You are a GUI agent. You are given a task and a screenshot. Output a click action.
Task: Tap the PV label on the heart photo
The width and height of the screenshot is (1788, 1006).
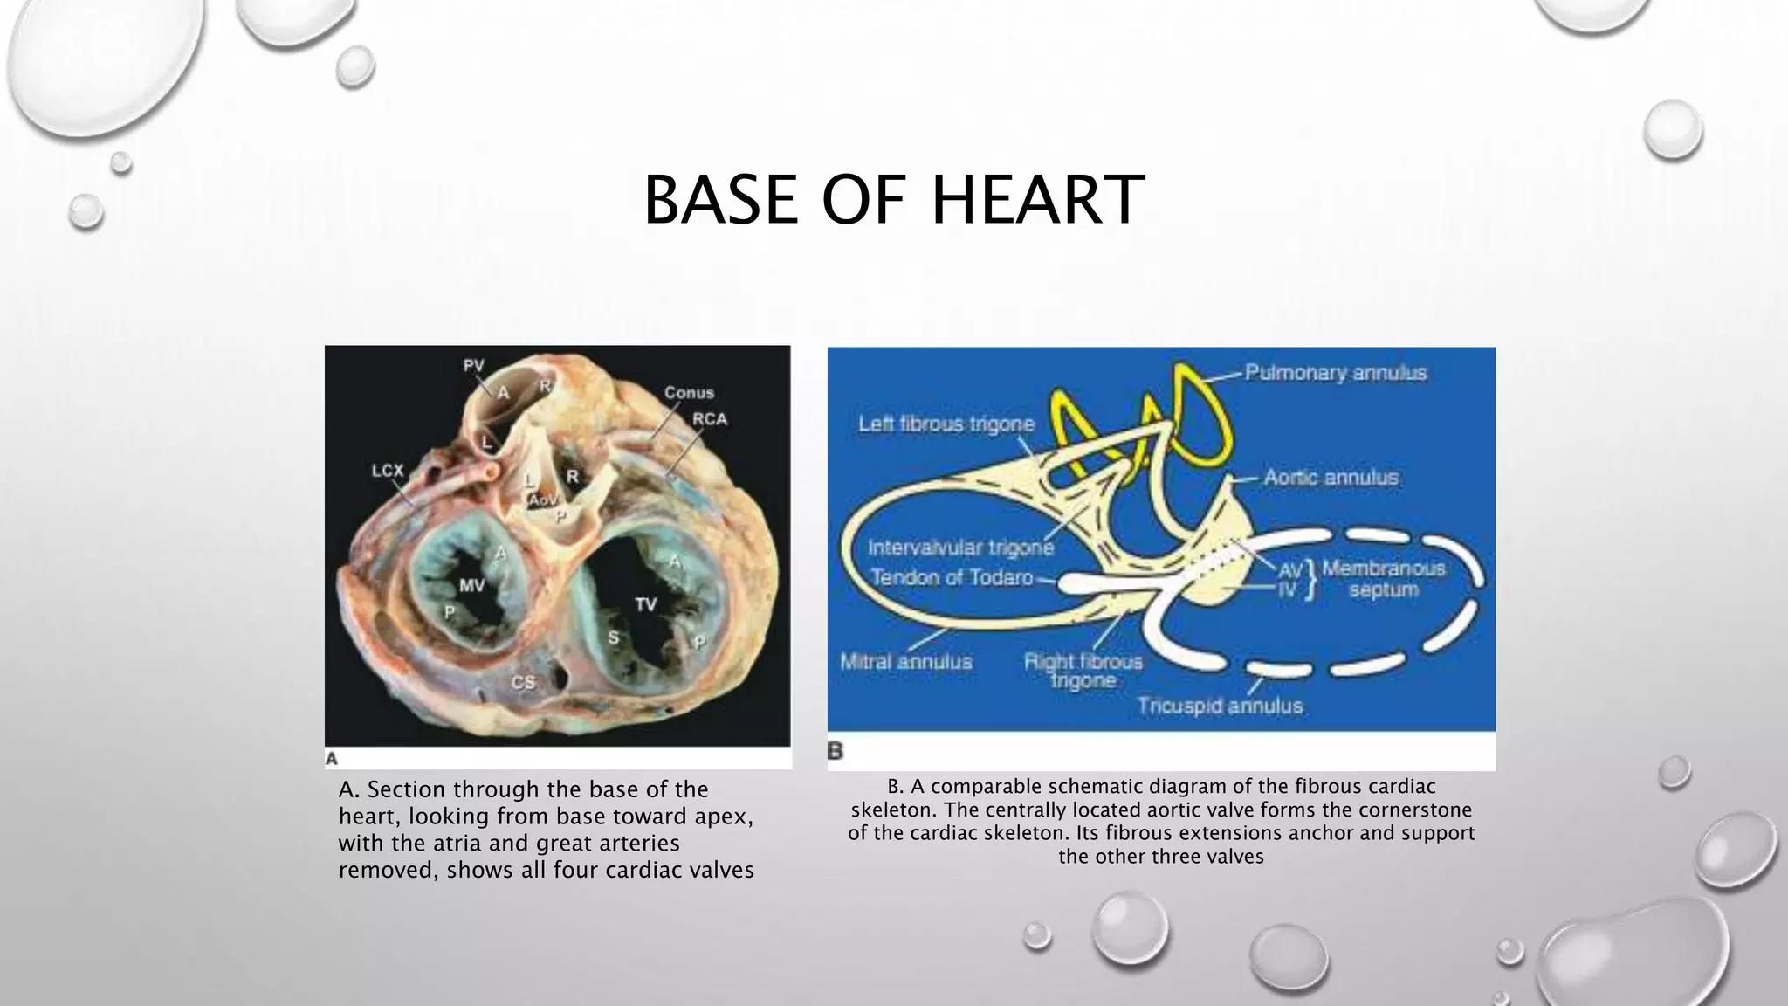473,366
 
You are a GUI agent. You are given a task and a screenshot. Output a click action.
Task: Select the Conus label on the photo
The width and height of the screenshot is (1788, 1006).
689,393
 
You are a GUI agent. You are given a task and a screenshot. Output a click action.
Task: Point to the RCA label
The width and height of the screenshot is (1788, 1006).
710,419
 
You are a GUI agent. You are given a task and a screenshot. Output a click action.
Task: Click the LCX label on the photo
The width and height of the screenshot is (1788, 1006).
388,471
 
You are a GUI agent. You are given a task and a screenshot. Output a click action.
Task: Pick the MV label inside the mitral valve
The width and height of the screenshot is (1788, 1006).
471,585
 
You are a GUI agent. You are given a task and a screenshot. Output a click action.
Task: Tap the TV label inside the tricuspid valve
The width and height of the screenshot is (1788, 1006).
645,604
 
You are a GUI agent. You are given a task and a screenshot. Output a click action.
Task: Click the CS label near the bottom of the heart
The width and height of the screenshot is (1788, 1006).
522,682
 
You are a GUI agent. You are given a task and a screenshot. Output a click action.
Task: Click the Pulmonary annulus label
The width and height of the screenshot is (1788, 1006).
1335,373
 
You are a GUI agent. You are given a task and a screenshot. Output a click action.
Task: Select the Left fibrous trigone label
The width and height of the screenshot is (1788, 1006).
946,424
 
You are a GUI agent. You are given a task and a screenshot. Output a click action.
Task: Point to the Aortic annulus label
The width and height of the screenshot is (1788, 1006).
1331,478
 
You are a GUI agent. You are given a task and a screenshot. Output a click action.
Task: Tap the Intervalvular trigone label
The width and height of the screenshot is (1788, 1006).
960,548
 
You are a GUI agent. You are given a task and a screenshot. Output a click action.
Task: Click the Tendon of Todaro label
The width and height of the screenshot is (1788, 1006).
952,577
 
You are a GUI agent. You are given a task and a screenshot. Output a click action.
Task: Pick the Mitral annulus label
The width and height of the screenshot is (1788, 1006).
905,662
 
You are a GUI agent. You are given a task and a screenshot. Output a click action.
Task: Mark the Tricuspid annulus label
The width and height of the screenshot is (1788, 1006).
1219,706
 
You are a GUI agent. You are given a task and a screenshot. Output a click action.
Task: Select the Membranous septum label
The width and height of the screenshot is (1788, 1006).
1384,579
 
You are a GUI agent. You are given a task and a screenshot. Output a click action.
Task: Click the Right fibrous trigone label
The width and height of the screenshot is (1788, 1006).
1083,671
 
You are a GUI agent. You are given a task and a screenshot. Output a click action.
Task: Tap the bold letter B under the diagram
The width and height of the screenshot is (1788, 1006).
836,751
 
